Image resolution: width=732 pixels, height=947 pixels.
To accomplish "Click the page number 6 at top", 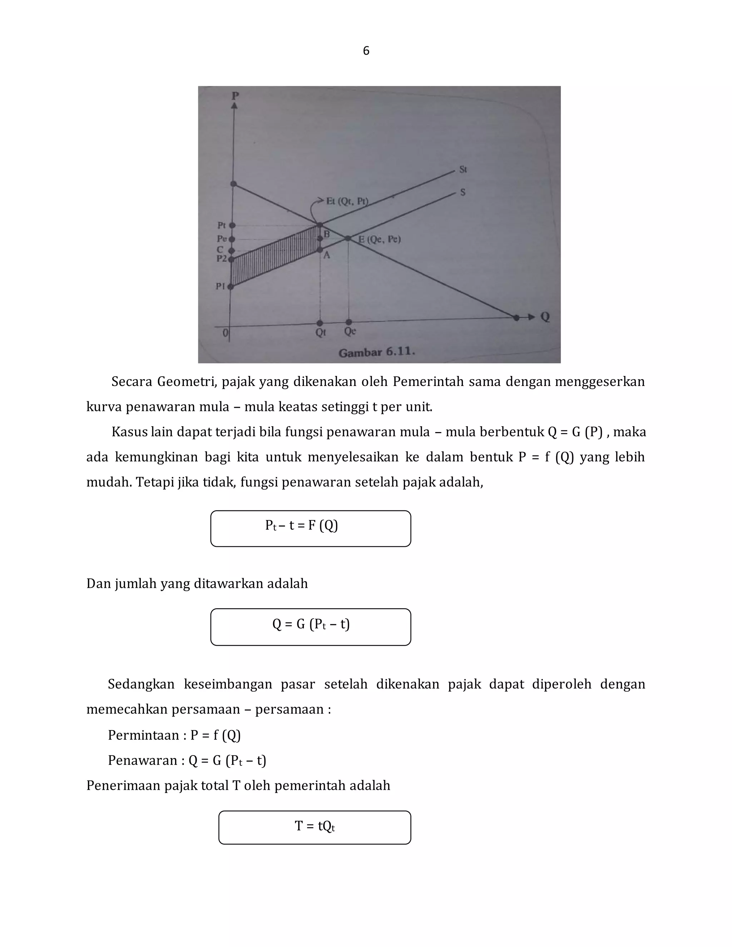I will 366,51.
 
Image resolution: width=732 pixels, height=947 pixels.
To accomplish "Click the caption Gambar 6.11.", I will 376,352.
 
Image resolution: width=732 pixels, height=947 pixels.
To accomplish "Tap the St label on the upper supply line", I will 463,169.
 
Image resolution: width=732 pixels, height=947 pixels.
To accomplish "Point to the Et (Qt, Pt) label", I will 347,201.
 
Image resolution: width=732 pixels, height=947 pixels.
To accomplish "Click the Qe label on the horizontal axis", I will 350,332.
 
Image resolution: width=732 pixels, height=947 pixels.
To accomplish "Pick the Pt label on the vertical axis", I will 221,225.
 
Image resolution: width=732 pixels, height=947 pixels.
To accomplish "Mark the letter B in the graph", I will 327,234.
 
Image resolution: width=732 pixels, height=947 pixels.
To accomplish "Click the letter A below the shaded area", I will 327,256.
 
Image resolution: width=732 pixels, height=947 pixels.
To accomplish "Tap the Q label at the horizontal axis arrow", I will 545,317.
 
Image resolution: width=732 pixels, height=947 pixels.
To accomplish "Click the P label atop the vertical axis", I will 235,95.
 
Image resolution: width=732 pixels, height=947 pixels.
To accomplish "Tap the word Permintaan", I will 143,735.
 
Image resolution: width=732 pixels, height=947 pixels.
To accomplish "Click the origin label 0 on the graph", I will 225,333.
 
